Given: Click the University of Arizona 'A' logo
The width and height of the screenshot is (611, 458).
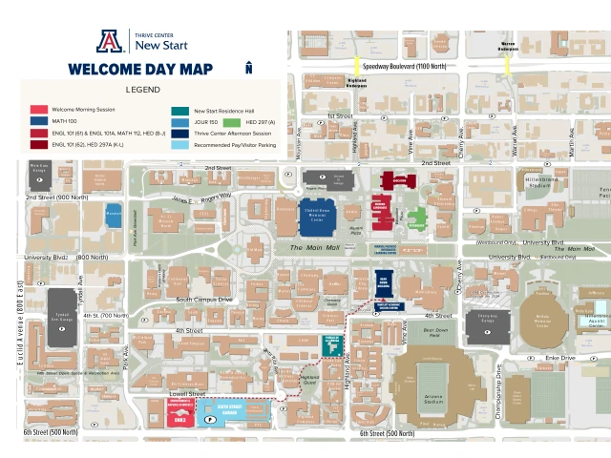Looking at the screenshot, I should [x=110, y=40].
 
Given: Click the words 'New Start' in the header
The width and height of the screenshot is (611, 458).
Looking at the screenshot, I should [x=161, y=45].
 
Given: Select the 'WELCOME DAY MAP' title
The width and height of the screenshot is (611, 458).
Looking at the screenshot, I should [x=140, y=69].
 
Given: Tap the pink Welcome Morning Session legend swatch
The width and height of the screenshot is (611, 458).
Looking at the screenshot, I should [x=38, y=109].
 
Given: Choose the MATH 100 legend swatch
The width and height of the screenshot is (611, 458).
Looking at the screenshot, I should [x=38, y=120].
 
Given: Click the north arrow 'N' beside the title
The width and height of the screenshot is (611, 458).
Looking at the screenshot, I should [x=248, y=68].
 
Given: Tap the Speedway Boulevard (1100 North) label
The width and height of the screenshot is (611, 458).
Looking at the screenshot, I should [x=403, y=66].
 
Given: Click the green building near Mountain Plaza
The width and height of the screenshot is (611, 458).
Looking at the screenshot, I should [x=416, y=216].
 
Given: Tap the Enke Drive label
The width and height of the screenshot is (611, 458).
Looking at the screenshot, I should [x=561, y=358].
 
